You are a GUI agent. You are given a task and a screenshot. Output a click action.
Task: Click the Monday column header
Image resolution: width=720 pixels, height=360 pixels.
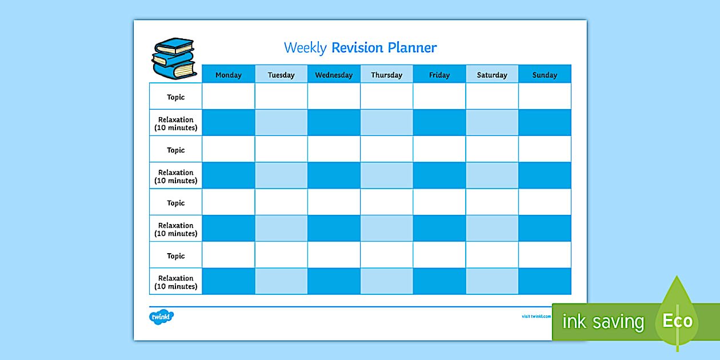click(229, 75)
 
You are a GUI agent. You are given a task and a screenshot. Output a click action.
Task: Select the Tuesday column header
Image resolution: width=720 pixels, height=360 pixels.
click(281, 75)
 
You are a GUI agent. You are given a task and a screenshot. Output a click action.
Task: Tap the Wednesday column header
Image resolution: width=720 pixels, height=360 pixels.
click(334, 75)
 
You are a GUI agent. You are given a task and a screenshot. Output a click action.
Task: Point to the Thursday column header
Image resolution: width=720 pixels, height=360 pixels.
click(386, 75)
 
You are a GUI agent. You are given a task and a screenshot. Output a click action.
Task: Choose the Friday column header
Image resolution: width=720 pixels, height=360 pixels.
click(439, 75)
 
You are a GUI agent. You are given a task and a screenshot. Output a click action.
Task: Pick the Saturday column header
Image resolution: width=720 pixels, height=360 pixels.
click(492, 75)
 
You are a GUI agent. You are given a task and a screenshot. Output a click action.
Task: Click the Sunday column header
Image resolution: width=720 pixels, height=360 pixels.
click(545, 75)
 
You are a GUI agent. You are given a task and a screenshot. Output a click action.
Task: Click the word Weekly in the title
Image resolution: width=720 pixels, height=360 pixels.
click(305, 48)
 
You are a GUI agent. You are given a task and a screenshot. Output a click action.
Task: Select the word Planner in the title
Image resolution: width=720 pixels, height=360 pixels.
click(412, 48)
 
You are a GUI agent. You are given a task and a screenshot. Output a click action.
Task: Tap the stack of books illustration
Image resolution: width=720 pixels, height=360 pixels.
click(174, 58)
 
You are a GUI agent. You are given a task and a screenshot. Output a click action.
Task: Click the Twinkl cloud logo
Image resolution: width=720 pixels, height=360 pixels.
click(161, 316)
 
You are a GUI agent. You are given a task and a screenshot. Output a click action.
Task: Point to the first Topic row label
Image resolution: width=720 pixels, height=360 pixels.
click(176, 97)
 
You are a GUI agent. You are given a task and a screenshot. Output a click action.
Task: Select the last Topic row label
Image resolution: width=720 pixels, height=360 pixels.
click(176, 256)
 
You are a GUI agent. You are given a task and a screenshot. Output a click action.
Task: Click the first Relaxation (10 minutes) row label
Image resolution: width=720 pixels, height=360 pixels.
click(176, 123)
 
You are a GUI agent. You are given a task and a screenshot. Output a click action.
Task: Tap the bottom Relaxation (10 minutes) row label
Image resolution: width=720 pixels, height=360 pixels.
click(176, 282)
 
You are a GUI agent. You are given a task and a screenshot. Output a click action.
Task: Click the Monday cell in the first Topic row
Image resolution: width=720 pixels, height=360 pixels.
click(229, 96)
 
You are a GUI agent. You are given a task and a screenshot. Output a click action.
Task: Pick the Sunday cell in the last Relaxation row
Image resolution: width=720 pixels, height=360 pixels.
click(545, 281)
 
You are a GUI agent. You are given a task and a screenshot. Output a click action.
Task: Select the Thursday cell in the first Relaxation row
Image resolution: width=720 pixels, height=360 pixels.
click(386, 122)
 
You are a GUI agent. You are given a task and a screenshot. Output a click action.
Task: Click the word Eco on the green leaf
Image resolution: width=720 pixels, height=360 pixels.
click(678, 321)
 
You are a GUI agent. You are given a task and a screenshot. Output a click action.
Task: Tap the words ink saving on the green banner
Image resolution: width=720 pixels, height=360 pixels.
click(603, 322)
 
